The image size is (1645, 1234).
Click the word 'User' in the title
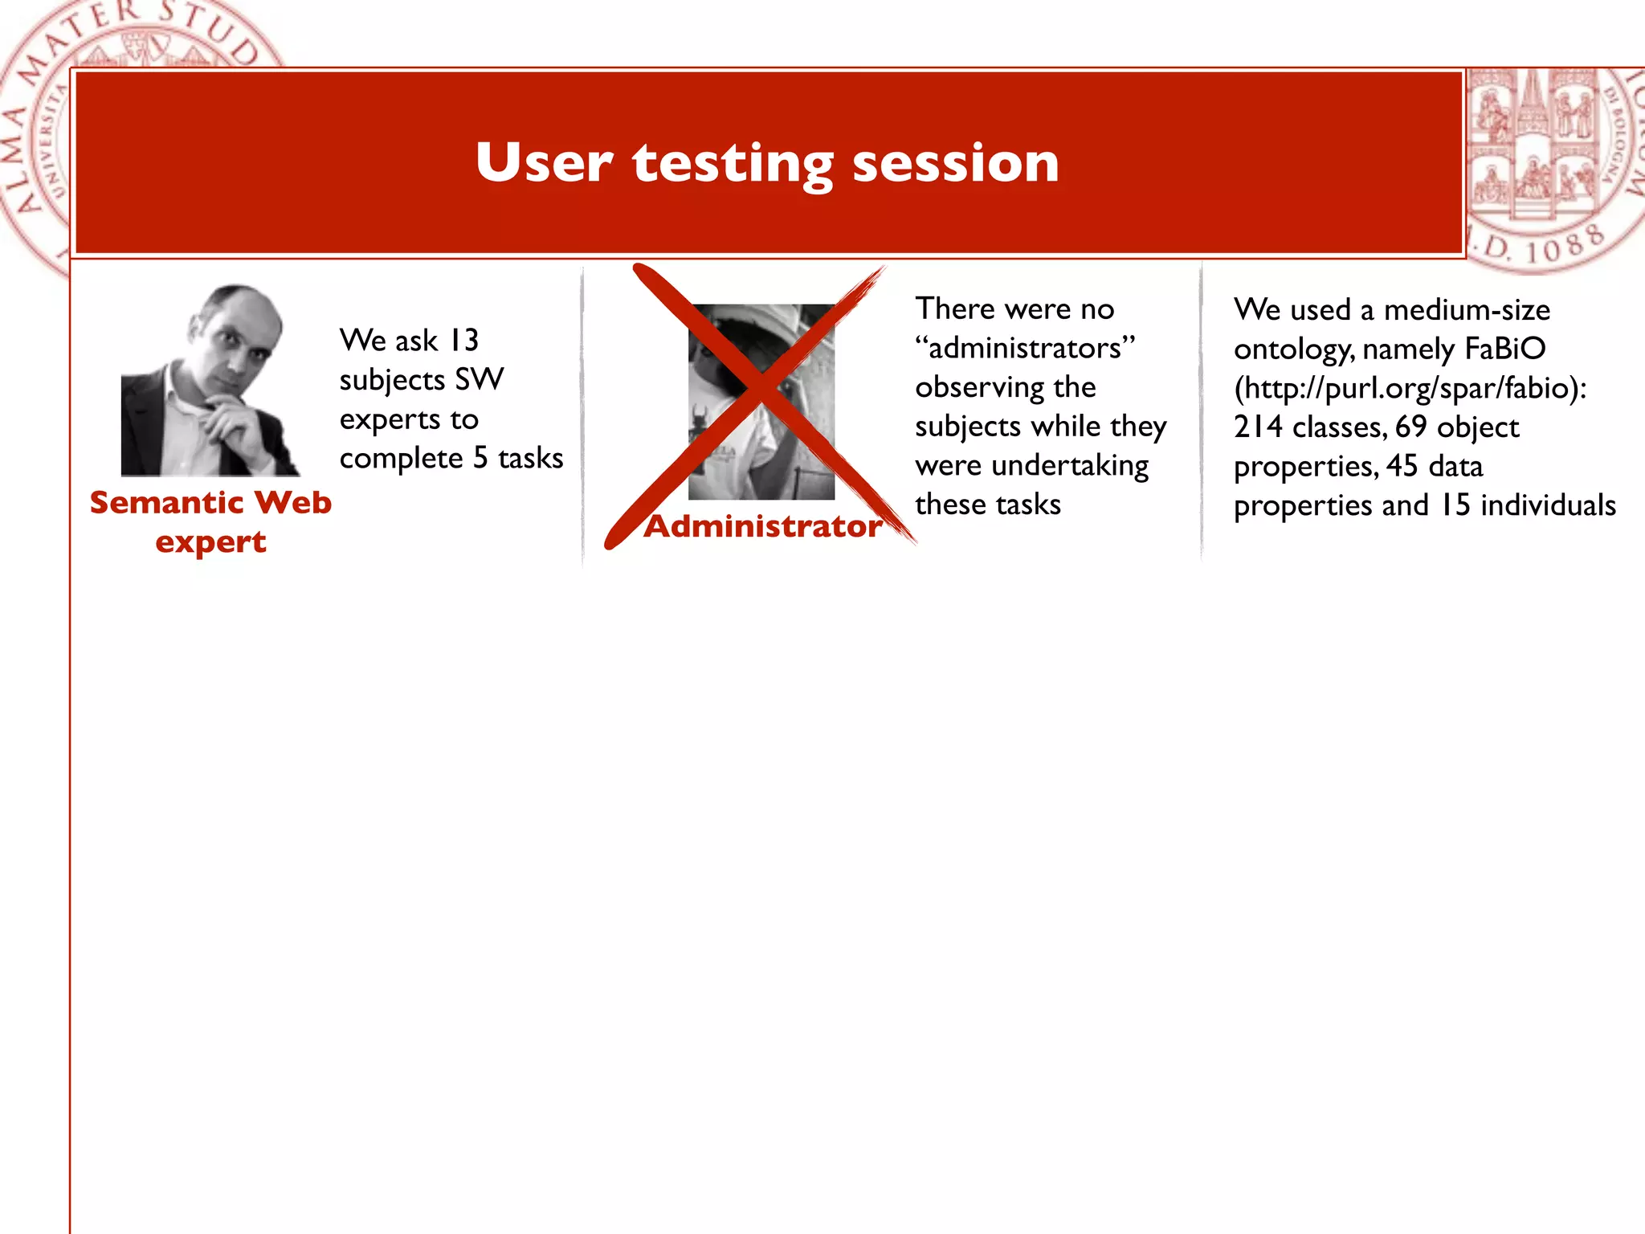coord(543,163)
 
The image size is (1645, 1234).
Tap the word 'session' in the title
coord(955,163)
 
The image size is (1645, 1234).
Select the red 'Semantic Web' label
coord(210,503)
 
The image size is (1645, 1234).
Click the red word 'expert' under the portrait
coord(210,542)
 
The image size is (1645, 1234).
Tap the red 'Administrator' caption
coord(762,526)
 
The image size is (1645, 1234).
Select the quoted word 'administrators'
coord(1025,349)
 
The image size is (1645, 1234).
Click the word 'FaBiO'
coord(1505,349)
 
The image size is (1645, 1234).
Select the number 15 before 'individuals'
coord(1454,505)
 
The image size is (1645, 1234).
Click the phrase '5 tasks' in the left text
coord(517,459)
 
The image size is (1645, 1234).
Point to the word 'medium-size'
coord(1467,310)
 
